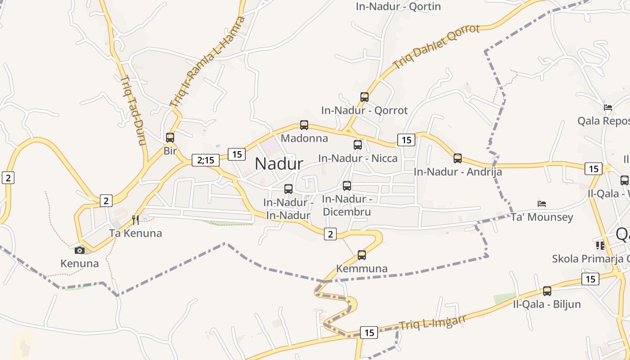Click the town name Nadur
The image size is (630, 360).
point(279,163)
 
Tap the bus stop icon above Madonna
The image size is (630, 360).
point(304,125)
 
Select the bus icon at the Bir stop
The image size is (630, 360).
point(170,138)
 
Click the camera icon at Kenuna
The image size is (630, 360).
point(80,250)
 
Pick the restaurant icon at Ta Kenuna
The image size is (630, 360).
point(135,220)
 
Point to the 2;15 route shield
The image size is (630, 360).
point(206,160)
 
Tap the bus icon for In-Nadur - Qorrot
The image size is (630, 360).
point(364,97)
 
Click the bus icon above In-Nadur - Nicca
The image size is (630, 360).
point(358,145)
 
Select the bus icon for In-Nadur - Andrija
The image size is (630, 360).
point(458,158)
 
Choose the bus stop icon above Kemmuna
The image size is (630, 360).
point(362,255)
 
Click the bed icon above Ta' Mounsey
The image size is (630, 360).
point(542,204)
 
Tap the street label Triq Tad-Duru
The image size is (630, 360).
point(133,110)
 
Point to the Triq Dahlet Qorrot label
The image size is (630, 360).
point(436,46)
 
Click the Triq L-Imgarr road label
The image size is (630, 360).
point(432,322)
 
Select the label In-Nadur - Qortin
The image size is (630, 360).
point(398,7)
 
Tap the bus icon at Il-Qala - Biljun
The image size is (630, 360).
point(547,291)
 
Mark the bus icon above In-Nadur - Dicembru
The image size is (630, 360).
point(347,186)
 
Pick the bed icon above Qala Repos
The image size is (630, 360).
point(608,108)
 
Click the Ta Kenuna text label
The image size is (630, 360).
point(135,233)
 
